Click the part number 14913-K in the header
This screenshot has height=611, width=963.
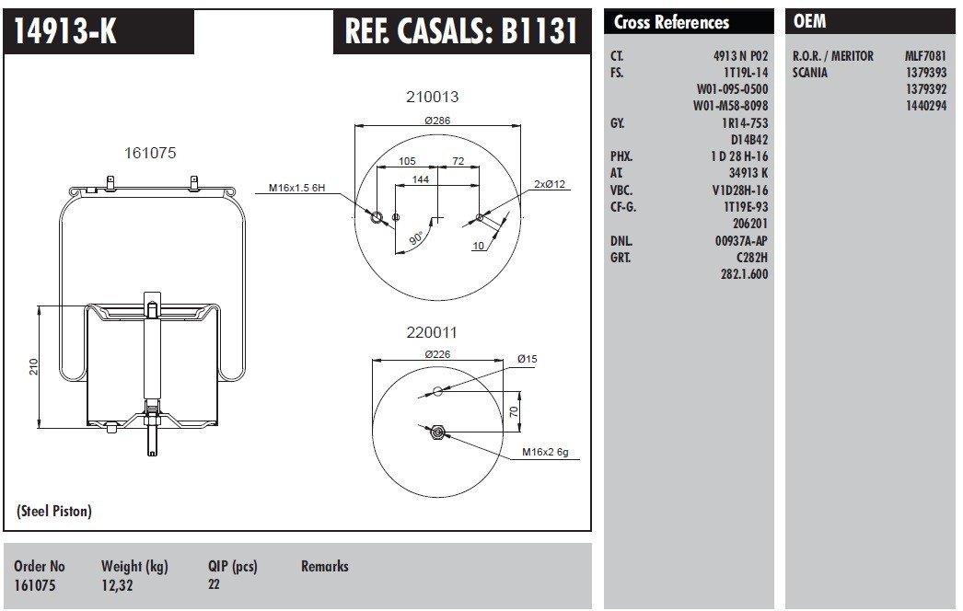64,32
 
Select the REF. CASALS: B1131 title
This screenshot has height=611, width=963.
460,32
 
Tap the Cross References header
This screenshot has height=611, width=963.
671,23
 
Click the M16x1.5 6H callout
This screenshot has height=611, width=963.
297,189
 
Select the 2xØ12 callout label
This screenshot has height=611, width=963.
549,184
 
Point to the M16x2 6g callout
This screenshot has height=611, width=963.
546,452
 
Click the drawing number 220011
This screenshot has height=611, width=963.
432,333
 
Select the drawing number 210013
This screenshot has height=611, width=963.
433,97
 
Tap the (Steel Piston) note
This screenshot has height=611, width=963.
54,511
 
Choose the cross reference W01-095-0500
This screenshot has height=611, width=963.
731,89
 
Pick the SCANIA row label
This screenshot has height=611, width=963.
810,73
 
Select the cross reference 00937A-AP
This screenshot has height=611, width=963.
741,240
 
